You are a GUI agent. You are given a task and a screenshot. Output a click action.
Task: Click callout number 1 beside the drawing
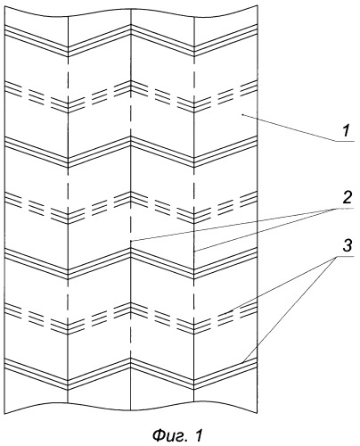tap(346, 131)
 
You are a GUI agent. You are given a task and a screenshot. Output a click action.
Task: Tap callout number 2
tap(347, 198)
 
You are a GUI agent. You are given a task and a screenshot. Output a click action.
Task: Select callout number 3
tap(347, 246)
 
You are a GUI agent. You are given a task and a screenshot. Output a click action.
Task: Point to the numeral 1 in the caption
tap(199, 435)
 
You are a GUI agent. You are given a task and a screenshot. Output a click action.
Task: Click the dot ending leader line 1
tap(242, 114)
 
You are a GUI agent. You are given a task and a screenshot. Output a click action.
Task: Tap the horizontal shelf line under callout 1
tap(346, 141)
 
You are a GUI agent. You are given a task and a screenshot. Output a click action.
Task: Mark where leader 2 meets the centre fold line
tap(131, 240)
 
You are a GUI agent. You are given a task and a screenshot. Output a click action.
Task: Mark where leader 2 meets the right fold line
tap(194, 252)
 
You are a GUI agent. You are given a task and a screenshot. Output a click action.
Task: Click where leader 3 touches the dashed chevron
tap(231, 311)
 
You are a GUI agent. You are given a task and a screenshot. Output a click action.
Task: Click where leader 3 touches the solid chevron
tap(242, 363)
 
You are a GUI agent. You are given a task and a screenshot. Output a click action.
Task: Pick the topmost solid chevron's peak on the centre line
tap(131, 24)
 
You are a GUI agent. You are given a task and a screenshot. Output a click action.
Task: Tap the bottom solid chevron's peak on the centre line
tap(131, 359)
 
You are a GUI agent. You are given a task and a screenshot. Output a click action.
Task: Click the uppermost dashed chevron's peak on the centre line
tap(131, 80)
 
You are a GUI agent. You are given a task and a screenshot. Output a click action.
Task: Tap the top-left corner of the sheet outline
tap(5, 6)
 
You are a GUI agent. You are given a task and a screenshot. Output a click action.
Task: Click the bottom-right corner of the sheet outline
tap(258, 413)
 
